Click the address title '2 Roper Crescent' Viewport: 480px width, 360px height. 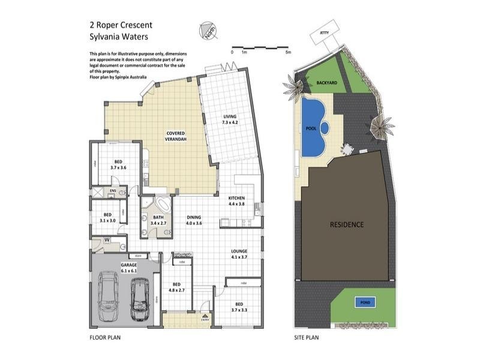point(120,25)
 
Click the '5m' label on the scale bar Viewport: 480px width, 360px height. point(289,52)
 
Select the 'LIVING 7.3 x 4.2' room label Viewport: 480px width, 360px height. point(230,119)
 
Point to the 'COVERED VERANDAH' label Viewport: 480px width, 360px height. point(175,136)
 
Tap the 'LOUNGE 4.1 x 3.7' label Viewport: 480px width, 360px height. point(238,254)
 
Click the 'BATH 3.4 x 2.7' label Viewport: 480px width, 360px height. point(158,220)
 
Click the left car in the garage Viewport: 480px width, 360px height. point(109,295)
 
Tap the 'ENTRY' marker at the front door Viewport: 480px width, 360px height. point(206,320)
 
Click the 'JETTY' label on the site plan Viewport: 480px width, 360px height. point(325,33)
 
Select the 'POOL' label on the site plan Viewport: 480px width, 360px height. point(311,128)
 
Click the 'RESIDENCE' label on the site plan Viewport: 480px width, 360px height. point(347,225)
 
